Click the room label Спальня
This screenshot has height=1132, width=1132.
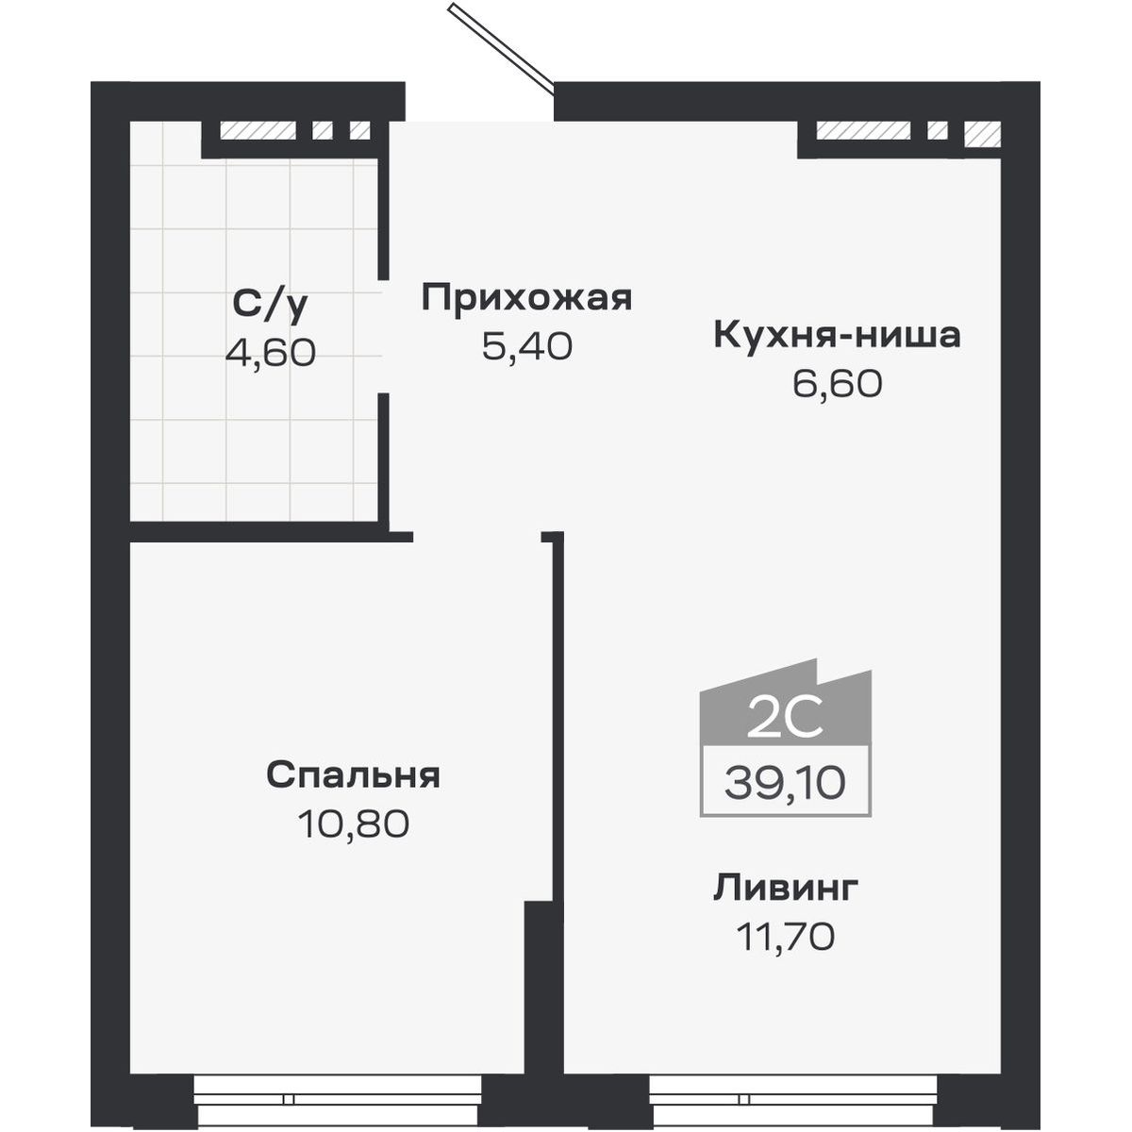point(353,775)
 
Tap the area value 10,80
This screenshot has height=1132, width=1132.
point(353,824)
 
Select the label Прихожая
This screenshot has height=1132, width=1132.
point(526,298)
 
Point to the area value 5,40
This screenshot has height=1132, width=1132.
point(526,347)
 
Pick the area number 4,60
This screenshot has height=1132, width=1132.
point(270,353)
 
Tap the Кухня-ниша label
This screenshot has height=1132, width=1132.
point(837,335)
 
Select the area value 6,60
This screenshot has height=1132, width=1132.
point(837,384)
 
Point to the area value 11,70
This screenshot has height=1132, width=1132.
point(786,938)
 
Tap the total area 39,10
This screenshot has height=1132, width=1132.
point(785,782)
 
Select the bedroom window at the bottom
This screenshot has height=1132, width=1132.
point(338,1099)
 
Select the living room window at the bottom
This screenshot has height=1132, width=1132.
point(793,1099)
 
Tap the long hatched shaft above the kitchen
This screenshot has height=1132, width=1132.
point(864,131)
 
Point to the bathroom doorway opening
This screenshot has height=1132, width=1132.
point(384,336)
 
